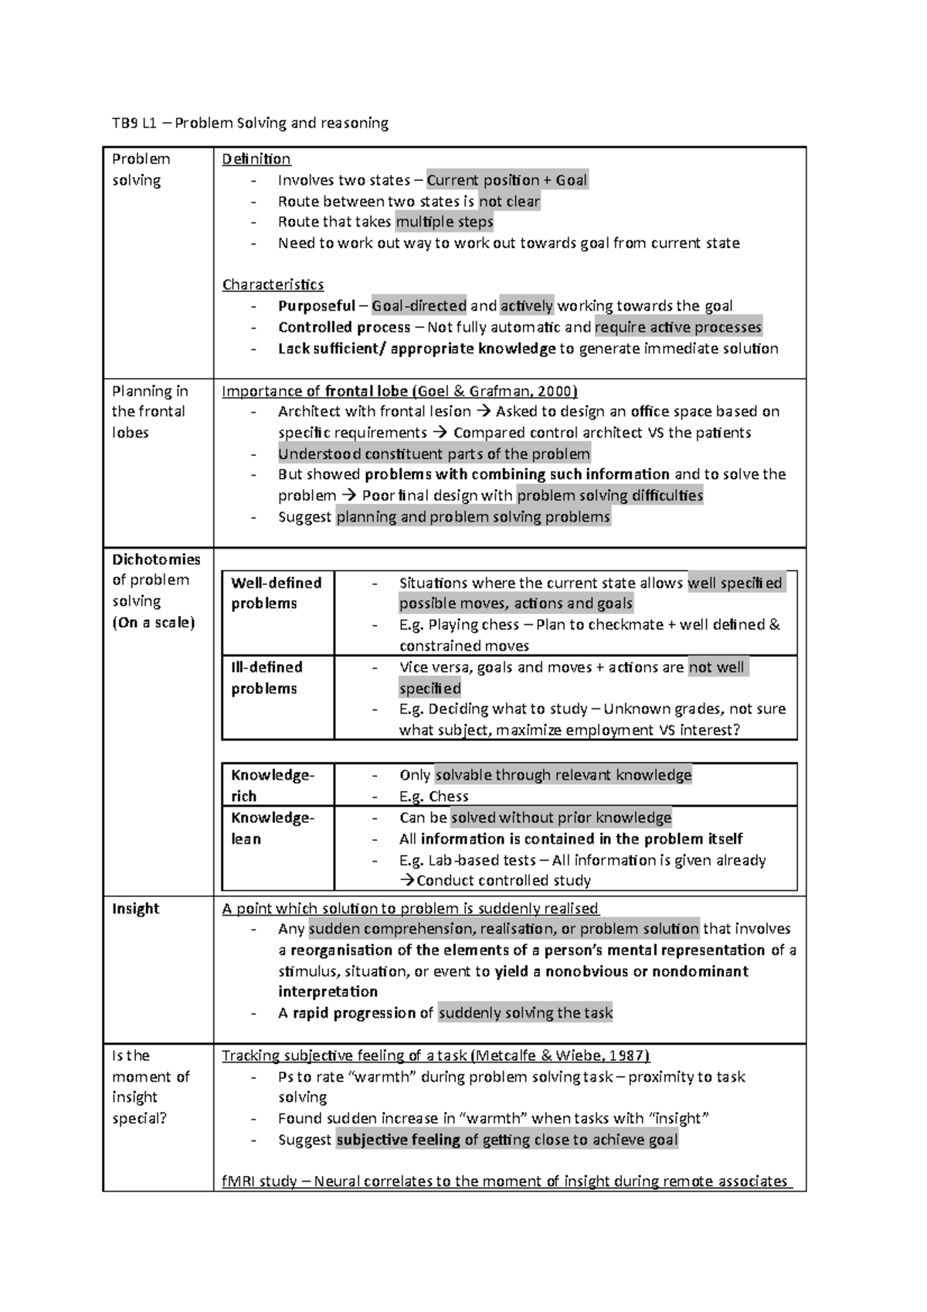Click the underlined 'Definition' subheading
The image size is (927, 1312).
[x=256, y=159]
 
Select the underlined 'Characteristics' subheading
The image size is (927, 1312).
[x=273, y=284]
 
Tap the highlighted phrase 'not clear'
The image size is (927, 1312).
[x=509, y=202]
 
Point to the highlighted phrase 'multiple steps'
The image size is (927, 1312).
[x=444, y=223]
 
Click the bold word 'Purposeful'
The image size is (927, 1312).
[x=317, y=306]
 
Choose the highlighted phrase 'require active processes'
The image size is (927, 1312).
[x=678, y=327]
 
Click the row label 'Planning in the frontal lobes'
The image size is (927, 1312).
[x=149, y=412]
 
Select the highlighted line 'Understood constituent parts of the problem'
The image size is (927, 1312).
[x=434, y=454]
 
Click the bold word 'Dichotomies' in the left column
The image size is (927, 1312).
[x=156, y=559]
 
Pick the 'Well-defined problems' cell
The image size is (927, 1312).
[x=276, y=593]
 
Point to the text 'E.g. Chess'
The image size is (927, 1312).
[x=433, y=797]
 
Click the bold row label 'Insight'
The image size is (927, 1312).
[x=136, y=909]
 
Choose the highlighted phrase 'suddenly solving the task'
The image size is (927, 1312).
[x=525, y=1013]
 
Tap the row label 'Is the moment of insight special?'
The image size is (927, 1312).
[x=150, y=1086]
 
